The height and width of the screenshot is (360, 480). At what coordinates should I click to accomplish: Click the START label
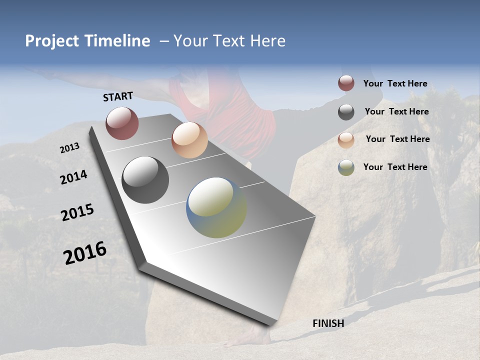(118, 96)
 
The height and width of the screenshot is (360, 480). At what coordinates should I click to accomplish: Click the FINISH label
(328, 323)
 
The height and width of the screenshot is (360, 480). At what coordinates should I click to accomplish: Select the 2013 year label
(69, 148)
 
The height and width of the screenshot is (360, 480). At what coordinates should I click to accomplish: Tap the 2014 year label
(73, 177)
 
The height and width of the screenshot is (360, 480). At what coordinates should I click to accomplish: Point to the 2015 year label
(77, 212)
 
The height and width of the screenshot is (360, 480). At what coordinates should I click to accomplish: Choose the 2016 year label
(85, 253)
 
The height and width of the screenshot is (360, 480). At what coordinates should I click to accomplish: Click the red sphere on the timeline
(122, 123)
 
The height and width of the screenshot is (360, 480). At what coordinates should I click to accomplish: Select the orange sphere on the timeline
(189, 140)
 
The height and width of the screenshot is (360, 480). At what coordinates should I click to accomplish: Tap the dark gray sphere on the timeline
(145, 180)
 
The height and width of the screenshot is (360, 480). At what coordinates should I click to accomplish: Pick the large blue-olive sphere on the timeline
(216, 207)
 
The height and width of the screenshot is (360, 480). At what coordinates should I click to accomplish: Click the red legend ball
(346, 83)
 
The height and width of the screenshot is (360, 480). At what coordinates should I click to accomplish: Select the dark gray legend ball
(346, 112)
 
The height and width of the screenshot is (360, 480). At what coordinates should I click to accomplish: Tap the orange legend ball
(346, 139)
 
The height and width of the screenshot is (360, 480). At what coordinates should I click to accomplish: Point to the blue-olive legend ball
(346, 167)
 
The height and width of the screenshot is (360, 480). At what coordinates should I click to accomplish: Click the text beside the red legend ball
(395, 83)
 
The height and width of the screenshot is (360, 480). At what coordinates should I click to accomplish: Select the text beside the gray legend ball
(396, 111)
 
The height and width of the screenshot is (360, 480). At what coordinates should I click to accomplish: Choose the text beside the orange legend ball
(397, 139)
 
